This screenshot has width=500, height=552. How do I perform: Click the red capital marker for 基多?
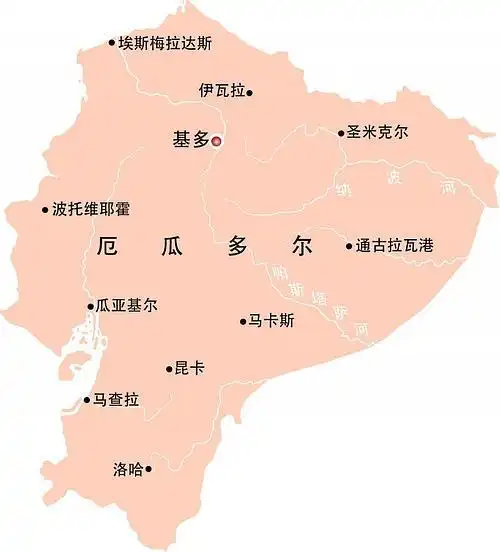pyautogui.click(x=216, y=141)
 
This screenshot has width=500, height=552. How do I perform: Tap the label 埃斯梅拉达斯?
pyautogui.click(x=165, y=43)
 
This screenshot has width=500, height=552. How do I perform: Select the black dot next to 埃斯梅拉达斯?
pyautogui.click(x=112, y=43)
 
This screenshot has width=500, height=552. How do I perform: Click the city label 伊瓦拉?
pyautogui.click(x=221, y=91)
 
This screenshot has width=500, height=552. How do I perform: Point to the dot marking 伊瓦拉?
pyautogui.click(x=250, y=92)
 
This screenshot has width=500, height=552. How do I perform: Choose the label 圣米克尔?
pyautogui.click(x=377, y=132)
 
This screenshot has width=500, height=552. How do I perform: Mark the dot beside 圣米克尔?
pyautogui.click(x=341, y=132)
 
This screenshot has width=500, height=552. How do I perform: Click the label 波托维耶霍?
pyautogui.click(x=91, y=210)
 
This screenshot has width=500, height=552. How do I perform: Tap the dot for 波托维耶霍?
pyautogui.click(x=45, y=210)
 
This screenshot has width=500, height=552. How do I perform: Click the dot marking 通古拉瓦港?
pyautogui.click(x=349, y=245)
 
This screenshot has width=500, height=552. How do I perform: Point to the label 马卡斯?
pyautogui.click(x=272, y=321)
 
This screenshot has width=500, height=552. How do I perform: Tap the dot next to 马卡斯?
pyautogui.click(x=243, y=321)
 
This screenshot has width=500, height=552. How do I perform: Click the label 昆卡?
pyautogui.click(x=190, y=369)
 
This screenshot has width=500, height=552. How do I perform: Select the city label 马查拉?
pyautogui.click(x=116, y=400)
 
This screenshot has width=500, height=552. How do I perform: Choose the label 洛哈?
pyautogui.click(x=128, y=468)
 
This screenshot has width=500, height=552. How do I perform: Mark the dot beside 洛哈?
pyautogui.click(x=149, y=468)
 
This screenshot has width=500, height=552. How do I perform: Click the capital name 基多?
pyautogui.click(x=191, y=140)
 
